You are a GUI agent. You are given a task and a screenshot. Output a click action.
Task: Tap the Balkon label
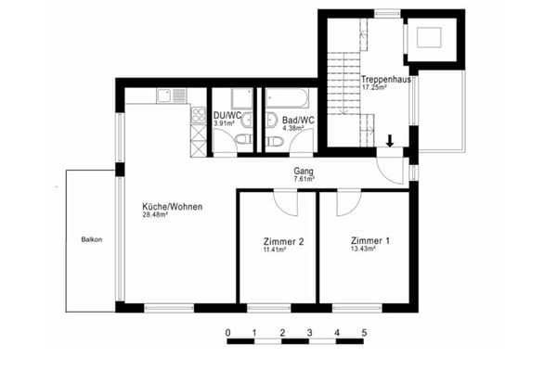91,239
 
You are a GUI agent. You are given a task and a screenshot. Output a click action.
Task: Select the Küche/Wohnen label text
172,206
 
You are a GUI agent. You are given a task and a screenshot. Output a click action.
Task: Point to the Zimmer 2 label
278,241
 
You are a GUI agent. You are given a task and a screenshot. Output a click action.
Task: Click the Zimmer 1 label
364,240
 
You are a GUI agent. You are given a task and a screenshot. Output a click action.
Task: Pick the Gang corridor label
304,172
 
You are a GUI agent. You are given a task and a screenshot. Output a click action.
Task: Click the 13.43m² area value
364,249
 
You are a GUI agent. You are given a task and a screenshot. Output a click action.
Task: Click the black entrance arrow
390,141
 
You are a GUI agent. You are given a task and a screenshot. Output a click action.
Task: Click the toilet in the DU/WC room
241,141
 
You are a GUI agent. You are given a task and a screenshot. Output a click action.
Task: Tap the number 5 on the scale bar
364,332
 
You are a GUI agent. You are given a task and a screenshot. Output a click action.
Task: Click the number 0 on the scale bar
227,332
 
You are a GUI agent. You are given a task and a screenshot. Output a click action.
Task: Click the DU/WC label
227,115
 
